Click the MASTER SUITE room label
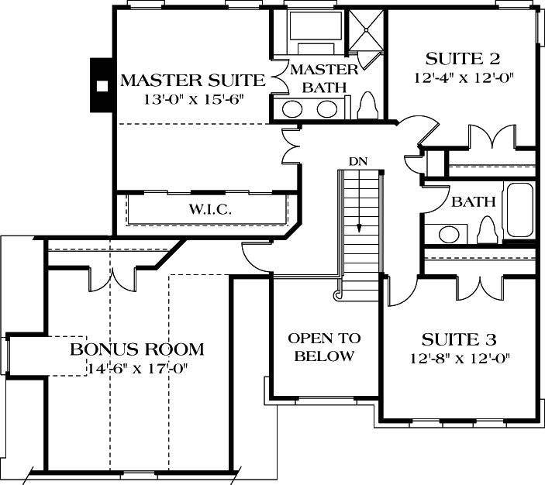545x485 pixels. click(x=192, y=81)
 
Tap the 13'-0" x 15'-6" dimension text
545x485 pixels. click(x=192, y=99)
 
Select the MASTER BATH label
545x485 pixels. click(x=324, y=78)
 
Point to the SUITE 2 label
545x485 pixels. click(x=463, y=59)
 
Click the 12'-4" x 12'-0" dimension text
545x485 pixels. click(x=463, y=77)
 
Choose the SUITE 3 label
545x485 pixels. click(x=459, y=339)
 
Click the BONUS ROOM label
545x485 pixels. click(x=136, y=349)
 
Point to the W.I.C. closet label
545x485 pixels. click(x=207, y=210)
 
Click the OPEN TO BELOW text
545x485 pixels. click(x=324, y=347)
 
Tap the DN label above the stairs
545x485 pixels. click(x=357, y=161)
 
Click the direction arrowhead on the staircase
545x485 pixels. click(x=360, y=228)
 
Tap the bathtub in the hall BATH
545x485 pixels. click(x=518, y=210)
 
